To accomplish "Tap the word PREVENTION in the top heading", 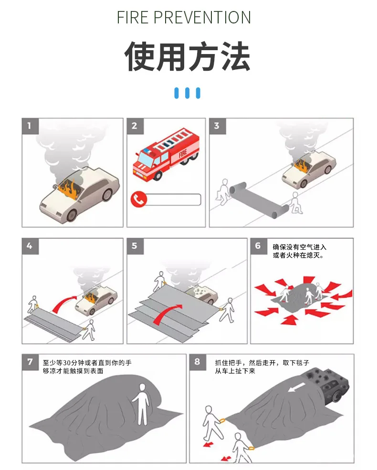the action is tap(202, 17).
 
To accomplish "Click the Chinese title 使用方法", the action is tap(187, 56).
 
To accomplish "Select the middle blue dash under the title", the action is tap(187, 93).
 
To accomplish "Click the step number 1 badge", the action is tap(30, 126).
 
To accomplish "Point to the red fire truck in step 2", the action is tap(166, 154).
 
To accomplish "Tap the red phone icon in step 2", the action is tap(138, 199).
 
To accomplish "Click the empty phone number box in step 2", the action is tap(174, 200).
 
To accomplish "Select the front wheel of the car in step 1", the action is tap(72, 215).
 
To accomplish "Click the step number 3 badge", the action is tap(217, 126).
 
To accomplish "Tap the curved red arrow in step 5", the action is tap(168, 314).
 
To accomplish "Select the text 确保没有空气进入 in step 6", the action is tap(300, 247).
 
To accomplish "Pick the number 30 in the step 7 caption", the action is tap(66, 363).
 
